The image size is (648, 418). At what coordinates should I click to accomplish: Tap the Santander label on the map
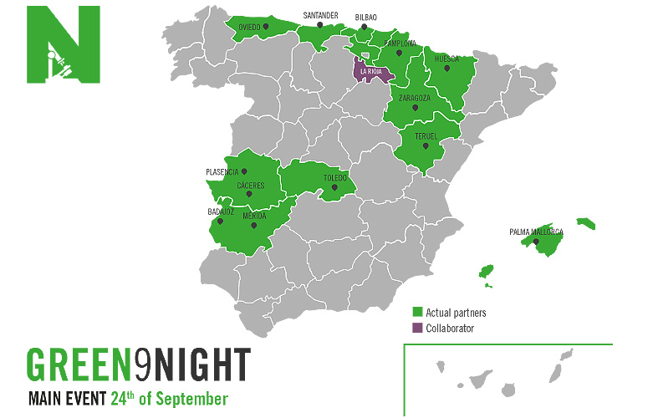pos(320,15)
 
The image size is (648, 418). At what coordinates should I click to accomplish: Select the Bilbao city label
pos(365,17)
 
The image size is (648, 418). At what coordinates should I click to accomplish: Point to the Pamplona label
pos(400,42)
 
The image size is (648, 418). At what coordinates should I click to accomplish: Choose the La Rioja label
pos(370,72)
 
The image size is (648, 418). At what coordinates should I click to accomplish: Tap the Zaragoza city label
pos(415,98)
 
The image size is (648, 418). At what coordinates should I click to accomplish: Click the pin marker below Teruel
pos(426,146)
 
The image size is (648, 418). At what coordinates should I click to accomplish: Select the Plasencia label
pos(222,172)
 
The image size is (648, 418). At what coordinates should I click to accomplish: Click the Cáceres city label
pos(250,185)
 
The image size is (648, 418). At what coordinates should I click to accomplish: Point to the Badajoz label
pos(220,212)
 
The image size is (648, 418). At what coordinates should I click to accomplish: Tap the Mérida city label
pos(254,216)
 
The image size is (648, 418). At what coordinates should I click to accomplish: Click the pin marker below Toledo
pos(334,187)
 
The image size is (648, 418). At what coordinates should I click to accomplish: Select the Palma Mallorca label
pos(536,232)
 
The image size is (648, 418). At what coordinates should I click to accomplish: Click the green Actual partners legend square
pos(418,313)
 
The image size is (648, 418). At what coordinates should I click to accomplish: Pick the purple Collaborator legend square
pos(418,329)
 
